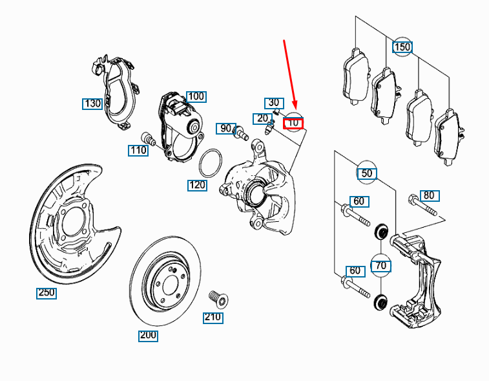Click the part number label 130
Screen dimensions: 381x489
tap(92, 103)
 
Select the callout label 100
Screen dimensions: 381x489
tap(196, 97)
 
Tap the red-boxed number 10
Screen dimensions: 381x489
tap(293, 122)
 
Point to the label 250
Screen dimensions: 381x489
tap(46, 293)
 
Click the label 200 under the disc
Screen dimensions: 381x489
tap(148, 336)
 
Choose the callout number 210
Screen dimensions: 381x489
tap(213, 318)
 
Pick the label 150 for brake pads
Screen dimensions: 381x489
tap(402, 47)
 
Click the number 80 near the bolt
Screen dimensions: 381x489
tap(429, 195)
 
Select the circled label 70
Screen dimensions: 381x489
tap(380, 265)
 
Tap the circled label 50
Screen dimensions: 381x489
tap(367, 173)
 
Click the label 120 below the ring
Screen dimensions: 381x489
tap(197, 186)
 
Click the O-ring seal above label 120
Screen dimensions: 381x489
tap(210, 163)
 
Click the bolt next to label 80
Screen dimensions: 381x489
tap(421, 206)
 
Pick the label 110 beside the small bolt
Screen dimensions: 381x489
tap(138, 151)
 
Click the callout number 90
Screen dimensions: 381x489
tap(225, 129)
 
